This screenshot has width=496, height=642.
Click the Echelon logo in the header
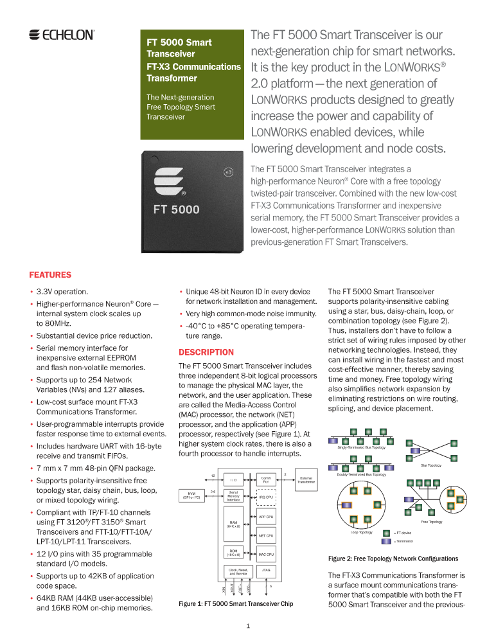click(x=62, y=35)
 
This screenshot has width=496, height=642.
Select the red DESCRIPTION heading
click(x=206, y=352)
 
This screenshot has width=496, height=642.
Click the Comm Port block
click(x=266, y=479)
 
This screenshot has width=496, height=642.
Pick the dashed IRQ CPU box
click(x=266, y=497)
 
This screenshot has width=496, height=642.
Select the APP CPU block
click(x=266, y=516)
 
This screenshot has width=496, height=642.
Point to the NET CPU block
click(x=266, y=535)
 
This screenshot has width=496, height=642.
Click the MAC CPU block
click(x=266, y=554)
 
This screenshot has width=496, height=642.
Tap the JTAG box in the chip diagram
click(x=266, y=571)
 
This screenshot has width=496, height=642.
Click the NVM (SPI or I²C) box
click(x=191, y=495)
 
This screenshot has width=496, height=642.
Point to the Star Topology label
click(x=430, y=465)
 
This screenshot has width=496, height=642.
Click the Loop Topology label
click(x=361, y=532)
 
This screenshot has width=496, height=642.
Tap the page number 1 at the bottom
click(x=247, y=625)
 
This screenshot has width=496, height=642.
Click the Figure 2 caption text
click(x=393, y=558)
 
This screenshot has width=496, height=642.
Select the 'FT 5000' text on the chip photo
click(x=176, y=210)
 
